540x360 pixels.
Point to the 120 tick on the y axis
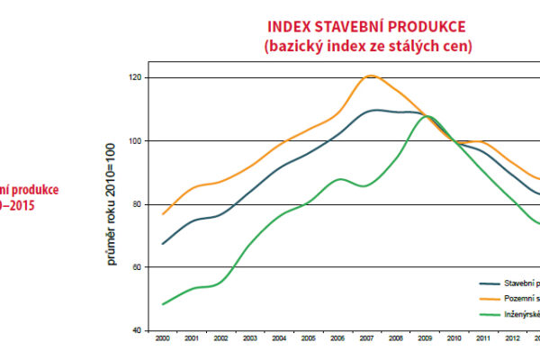[x=135, y=77]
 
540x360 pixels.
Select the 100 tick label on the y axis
[x=135, y=141]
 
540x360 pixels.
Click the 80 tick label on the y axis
[x=137, y=204]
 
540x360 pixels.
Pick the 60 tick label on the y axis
[x=137, y=267]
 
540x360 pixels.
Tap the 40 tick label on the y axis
[x=137, y=330]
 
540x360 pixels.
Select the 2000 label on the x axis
[x=162, y=339]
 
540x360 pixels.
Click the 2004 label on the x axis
[x=279, y=339]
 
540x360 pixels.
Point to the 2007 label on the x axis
[x=367, y=339]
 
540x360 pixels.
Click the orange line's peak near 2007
[x=371, y=76]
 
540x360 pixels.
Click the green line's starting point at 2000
[x=162, y=304]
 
